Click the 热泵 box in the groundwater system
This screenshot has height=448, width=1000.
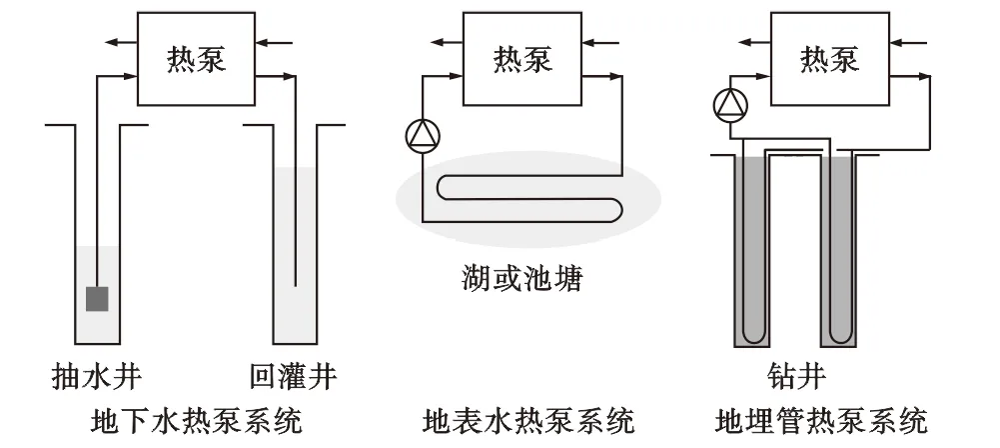coord(197,62)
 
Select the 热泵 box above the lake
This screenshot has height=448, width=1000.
coord(522,62)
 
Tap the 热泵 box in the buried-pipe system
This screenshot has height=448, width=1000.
coord(829,62)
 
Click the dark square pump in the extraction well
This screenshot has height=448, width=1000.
coord(97,298)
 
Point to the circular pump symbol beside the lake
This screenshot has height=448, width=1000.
coord(421,136)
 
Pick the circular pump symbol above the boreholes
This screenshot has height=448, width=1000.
coord(731,104)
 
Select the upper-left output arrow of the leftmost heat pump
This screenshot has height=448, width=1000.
coord(121,42)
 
